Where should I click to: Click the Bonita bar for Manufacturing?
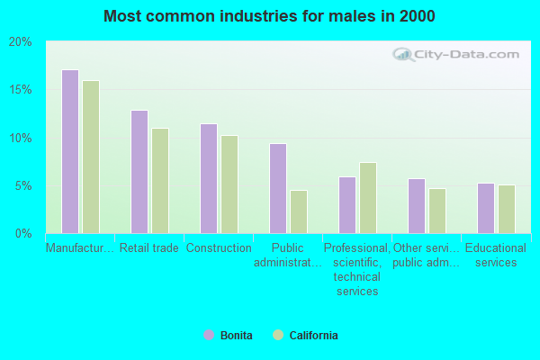tap(70, 151)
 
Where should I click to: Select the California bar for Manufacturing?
tap(91, 157)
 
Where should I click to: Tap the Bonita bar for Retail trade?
tap(139, 172)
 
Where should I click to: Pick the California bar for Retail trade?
tap(160, 181)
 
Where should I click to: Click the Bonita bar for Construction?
tap(209, 178)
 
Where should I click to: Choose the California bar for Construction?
tap(229, 184)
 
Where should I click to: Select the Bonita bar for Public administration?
tap(278, 188)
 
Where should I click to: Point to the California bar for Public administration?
tap(299, 211)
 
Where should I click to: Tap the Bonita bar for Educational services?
tap(486, 208)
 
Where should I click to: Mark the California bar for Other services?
tap(437, 211)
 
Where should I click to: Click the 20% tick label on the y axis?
tap(21, 42)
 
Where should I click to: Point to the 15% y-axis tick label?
tap(21, 90)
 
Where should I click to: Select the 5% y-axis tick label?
tap(23, 186)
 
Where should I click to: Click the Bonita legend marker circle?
tap(209, 335)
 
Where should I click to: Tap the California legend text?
tap(314, 336)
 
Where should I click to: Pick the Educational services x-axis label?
tap(496, 255)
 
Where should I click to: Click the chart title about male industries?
tap(269, 16)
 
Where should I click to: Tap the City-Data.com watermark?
tap(459, 54)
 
